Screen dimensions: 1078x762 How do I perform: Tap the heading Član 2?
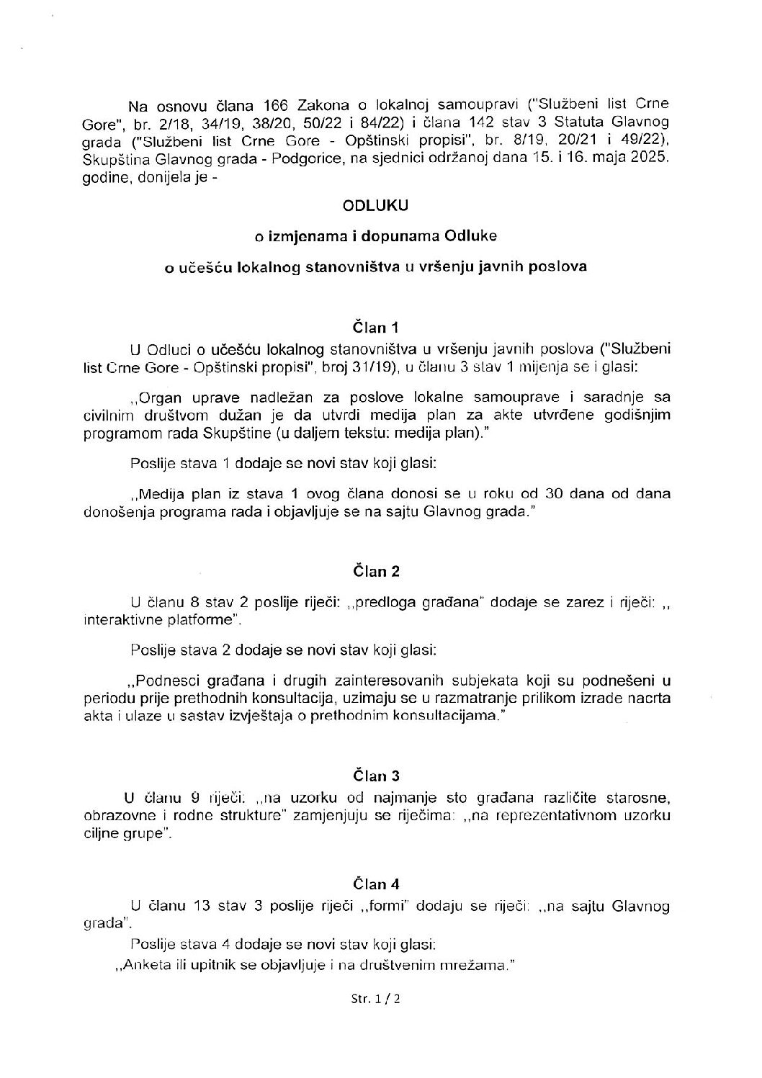point(376,572)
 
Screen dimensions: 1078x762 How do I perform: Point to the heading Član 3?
point(376,776)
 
